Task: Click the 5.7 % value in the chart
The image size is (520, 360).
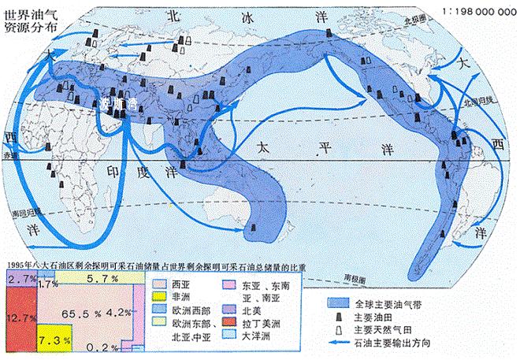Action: tap(102, 279)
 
